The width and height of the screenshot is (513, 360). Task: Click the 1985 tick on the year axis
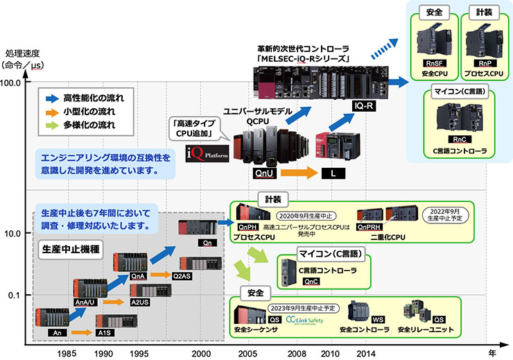tap(67, 353)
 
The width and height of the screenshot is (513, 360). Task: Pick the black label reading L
tap(333, 172)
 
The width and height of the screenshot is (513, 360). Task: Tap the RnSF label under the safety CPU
tap(434, 63)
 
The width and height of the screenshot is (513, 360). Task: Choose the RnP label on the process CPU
tap(482, 63)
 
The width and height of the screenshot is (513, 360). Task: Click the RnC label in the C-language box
tap(460, 139)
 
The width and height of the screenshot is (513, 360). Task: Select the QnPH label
tap(248, 226)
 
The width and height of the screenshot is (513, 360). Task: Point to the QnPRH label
tap(369, 226)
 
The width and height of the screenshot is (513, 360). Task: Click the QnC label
tap(312, 282)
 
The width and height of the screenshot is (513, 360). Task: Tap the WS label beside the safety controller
tap(378, 319)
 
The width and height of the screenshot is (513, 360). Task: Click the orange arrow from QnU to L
tap(297, 171)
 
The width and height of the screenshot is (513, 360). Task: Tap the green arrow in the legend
tap(50, 126)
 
